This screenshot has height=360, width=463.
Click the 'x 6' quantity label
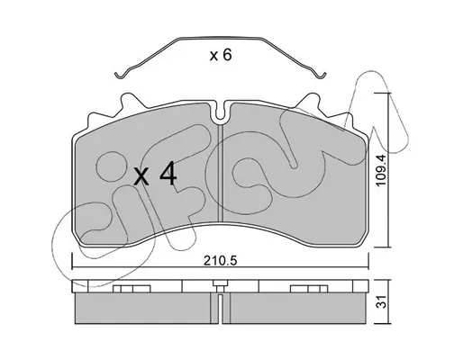(x=221, y=55)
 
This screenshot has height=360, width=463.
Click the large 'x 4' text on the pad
(x=155, y=174)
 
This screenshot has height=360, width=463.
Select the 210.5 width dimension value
(x=221, y=261)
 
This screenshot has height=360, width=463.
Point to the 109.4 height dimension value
(x=381, y=169)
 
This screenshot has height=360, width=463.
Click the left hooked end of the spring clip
(x=120, y=75)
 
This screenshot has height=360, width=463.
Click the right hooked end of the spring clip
(x=322, y=75)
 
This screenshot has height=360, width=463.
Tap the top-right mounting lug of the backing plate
(x=309, y=102)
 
